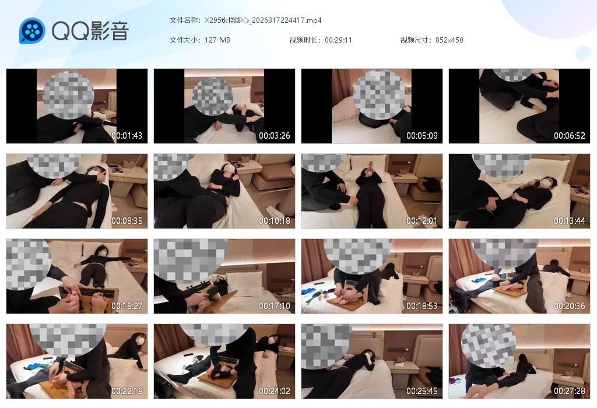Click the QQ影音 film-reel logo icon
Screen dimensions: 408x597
click(32, 30)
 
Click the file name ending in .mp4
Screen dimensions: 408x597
click(263, 20)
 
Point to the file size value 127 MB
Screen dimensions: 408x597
click(217, 40)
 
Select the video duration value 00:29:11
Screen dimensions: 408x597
click(339, 40)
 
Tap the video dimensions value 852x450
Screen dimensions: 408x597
click(449, 40)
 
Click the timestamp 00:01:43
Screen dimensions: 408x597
click(127, 136)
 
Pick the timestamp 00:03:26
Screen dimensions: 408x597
click(275, 136)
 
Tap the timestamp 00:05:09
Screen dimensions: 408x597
click(422, 136)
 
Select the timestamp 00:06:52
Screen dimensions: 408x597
click(570, 136)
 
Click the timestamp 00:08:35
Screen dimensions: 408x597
click(127, 221)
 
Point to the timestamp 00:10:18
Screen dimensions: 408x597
click(275, 221)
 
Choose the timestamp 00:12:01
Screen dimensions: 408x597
click(422, 221)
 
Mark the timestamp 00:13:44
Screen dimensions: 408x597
click(570, 221)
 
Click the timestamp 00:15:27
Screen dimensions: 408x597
click(127, 306)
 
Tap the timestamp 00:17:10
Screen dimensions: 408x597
click(275, 306)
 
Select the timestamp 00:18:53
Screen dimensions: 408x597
click(422, 306)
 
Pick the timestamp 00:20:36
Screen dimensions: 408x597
click(570, 306)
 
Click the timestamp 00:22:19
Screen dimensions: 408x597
click(127, 391)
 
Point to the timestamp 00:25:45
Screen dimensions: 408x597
click(422, 391)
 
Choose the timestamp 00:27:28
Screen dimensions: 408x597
click(570, 391)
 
